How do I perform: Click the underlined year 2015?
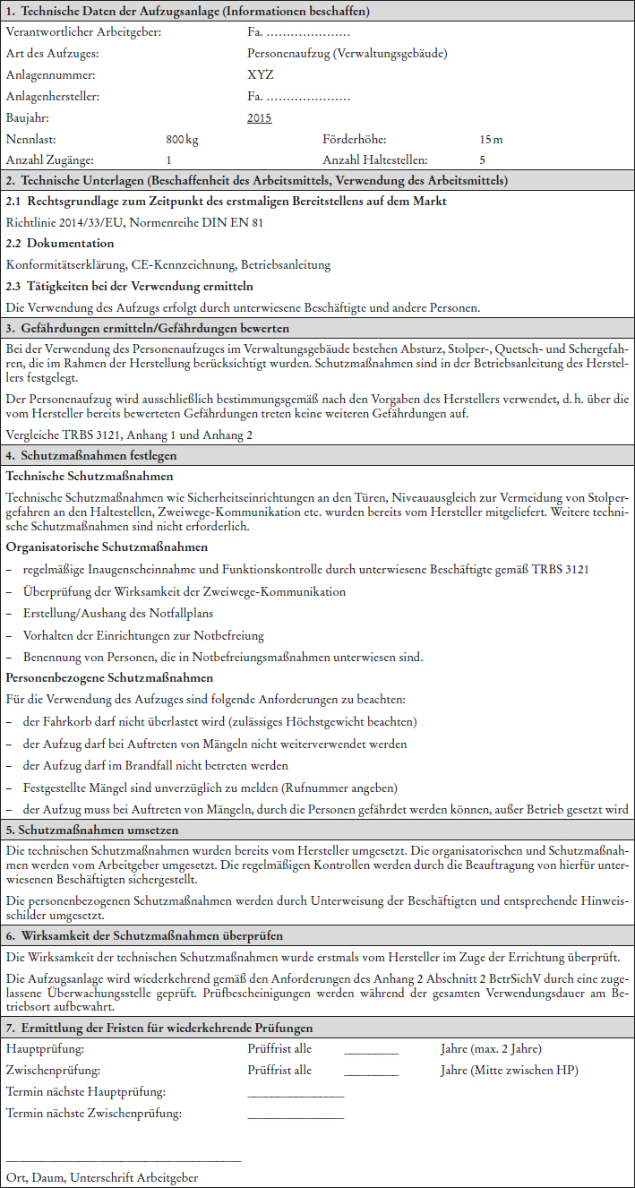coord(259,117)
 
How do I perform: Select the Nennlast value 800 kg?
coord(182,139)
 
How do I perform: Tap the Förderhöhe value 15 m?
coord(491,139)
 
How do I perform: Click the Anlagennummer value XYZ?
coord(261,74)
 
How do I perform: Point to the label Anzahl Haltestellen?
coord(381,159)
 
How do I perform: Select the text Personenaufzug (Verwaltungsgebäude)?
coord(347,53)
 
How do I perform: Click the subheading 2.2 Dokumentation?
coord(60,243)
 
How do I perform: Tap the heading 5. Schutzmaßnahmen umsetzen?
coord(92,829)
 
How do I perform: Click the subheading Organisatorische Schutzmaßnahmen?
coord(107,547)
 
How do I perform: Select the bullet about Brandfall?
coord(153,765)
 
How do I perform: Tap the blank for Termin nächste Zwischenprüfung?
coord(295,1115)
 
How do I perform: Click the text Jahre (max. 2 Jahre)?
coord(491,1048)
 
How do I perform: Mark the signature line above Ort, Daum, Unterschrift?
coord(124,1160)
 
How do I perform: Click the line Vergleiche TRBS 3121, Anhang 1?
coord(129,435)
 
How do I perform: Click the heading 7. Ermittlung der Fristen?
coord(159,1028)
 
